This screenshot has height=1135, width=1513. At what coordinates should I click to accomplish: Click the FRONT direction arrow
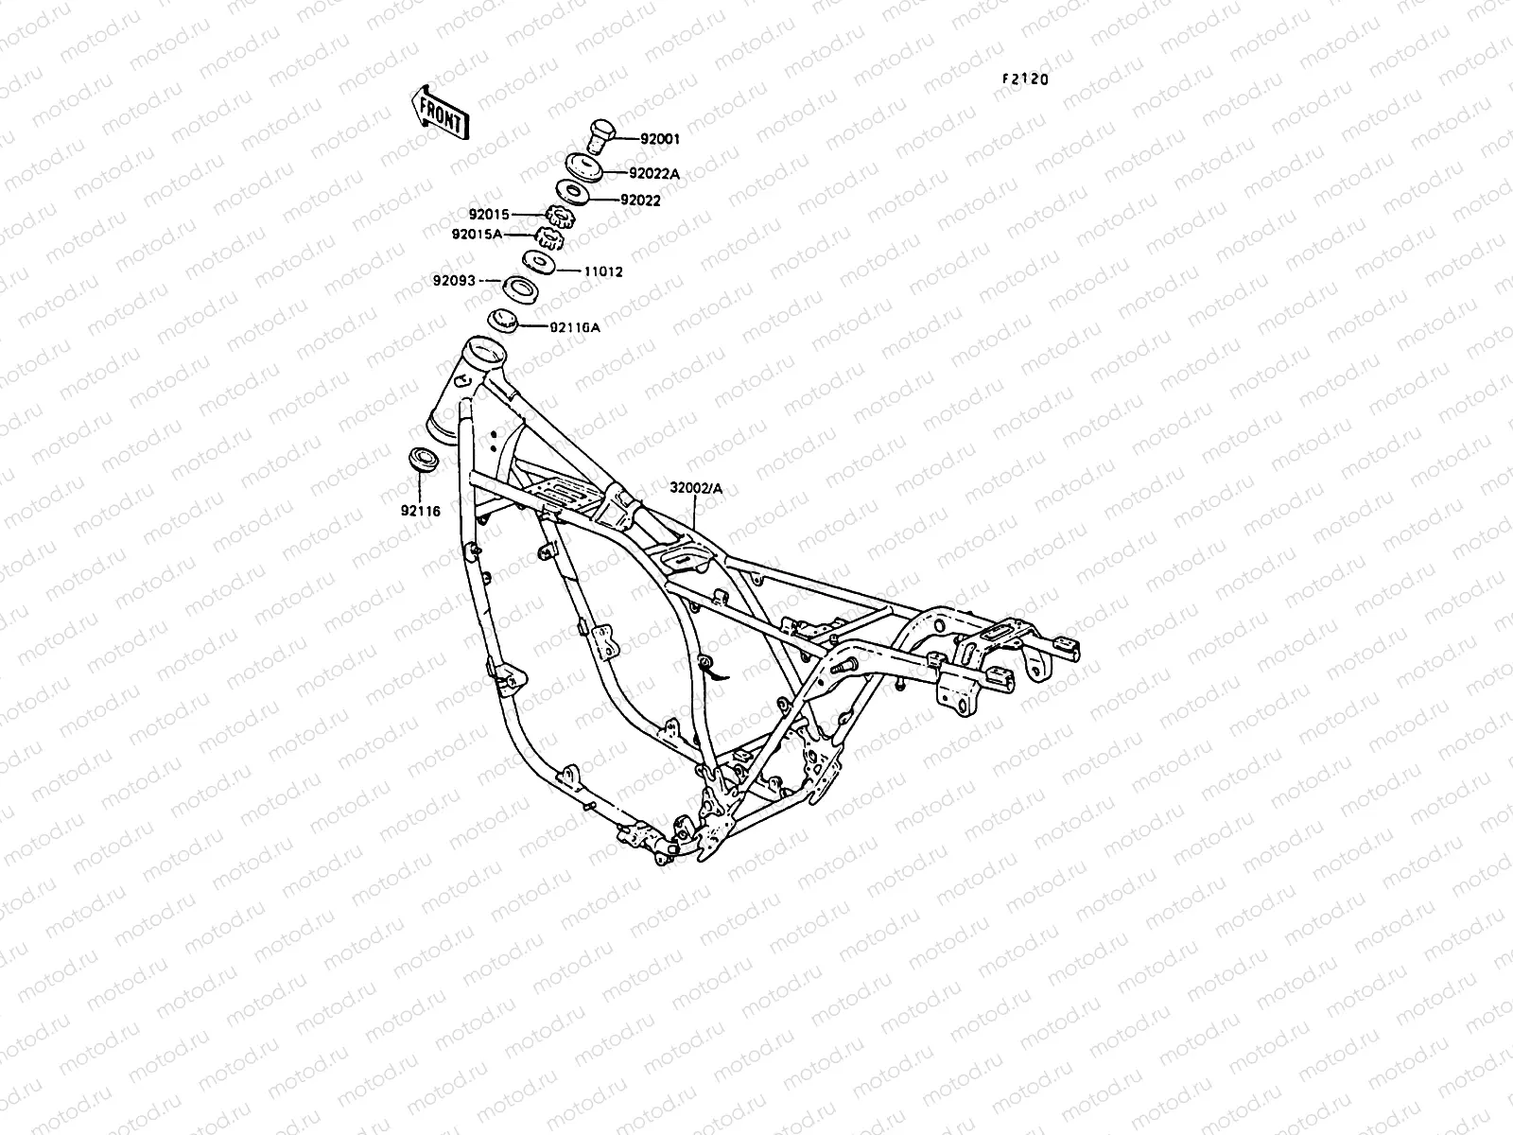coord(438,113)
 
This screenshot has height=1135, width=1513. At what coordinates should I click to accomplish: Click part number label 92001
coord(660,139)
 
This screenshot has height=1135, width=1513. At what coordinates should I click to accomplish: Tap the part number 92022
coord(667,201)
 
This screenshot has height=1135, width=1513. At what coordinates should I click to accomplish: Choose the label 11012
coord(602,271)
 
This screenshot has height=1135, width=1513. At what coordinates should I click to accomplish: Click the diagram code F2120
coord(1026,80)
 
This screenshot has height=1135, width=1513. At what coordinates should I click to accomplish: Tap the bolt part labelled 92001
coord(599,134)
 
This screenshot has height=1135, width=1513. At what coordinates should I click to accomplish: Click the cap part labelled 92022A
coord(587,166)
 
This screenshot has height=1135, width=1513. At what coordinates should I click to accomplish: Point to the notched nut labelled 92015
coord(562,218)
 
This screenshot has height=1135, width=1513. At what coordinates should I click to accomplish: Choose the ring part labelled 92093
coord(519,288)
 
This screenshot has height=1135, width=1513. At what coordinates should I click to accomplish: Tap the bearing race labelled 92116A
coord(503,321)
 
